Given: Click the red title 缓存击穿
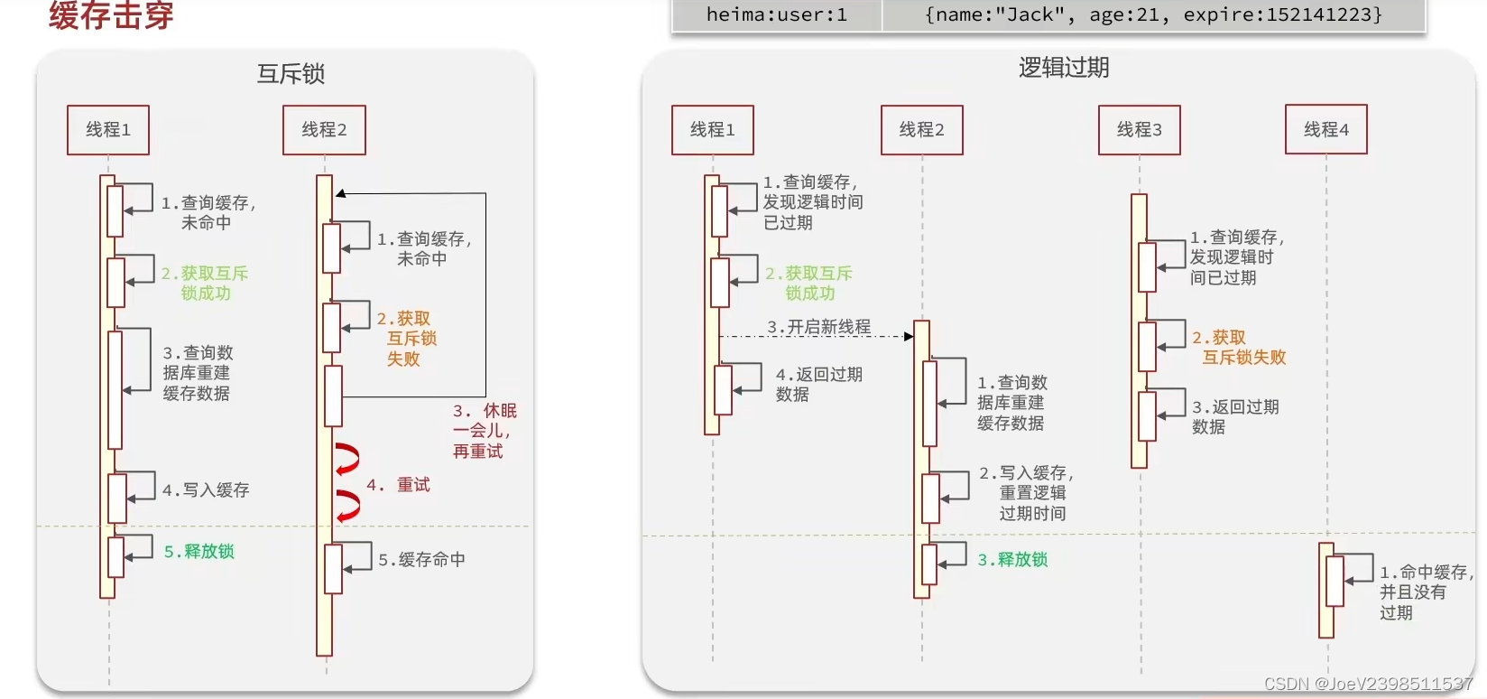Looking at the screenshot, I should coord(111,15).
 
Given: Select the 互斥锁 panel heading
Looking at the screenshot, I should coord(291,74).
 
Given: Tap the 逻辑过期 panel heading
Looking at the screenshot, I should coord(1064,68).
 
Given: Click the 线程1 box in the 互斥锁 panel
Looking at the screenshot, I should coord(108,130).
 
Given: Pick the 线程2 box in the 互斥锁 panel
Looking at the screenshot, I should coord(324,130).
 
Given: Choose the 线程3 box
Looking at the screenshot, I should coord(1139,130).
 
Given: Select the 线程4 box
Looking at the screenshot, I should coord(1325,130).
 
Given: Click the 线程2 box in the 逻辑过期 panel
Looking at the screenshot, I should coord(921,130).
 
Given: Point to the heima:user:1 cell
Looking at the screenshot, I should coord(776,14).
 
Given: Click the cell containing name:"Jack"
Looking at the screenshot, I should coord(1153,14).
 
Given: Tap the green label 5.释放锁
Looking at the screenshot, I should coord(199,552).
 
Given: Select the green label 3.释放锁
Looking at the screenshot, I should coord(1012,560).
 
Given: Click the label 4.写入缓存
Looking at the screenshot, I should coord(206,490).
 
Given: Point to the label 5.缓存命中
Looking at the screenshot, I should coord(421,560).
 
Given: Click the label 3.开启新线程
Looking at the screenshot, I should coord(819,327).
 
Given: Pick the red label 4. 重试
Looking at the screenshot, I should coord(398,485).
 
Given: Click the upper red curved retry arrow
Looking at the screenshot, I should coord(347,459).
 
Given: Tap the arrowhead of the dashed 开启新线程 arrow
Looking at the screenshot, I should coord(909,337).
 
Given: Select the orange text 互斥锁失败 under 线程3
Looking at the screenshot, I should coord(1243,358).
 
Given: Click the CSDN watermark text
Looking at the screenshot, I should coord(1368,685).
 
